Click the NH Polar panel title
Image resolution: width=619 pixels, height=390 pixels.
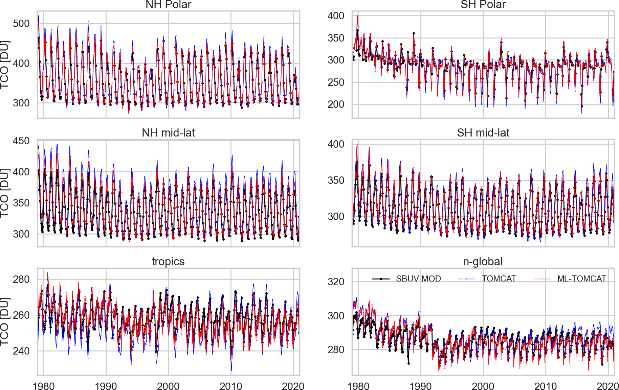click(x=168, y=5)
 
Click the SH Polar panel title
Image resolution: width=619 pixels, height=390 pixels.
click(x=483, y=5)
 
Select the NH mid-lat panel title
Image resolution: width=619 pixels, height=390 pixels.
click(x=168, y=133)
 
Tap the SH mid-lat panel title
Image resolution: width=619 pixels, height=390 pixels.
click(x=483, y=133)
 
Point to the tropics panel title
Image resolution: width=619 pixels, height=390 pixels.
click(x=168, y=262)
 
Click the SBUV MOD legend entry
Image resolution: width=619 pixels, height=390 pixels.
click(x=418, y=279)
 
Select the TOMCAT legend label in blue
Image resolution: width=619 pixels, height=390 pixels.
click(x=499, y=279)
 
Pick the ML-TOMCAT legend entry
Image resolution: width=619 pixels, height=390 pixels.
click(x=581, y=279)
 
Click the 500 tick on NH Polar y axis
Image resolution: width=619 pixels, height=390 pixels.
click(x=21, y=24)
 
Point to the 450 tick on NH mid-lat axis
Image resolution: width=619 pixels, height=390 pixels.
click(x=21, y=141)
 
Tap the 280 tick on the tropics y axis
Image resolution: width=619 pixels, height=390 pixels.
click(x=21, y=279)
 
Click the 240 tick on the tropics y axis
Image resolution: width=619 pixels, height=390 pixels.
click(x=21, y=351)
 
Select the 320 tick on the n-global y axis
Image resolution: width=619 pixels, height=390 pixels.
click(x=336, y=282)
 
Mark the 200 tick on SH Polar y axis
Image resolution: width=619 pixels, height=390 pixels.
click(x=336, y=104)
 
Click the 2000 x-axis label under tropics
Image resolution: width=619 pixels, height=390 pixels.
click(x=168, y=386)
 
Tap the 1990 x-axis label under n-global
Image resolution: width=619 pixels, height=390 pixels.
click(x=421, y=386)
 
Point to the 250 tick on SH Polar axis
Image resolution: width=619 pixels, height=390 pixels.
click(x=336, y=82)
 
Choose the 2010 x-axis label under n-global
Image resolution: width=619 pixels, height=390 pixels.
click(x=546, y=386)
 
